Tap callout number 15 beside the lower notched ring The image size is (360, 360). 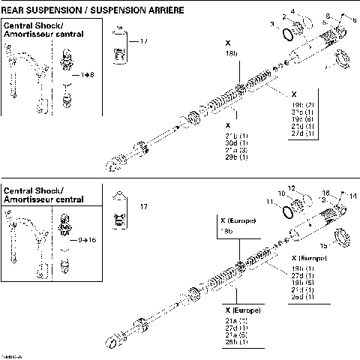323,245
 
